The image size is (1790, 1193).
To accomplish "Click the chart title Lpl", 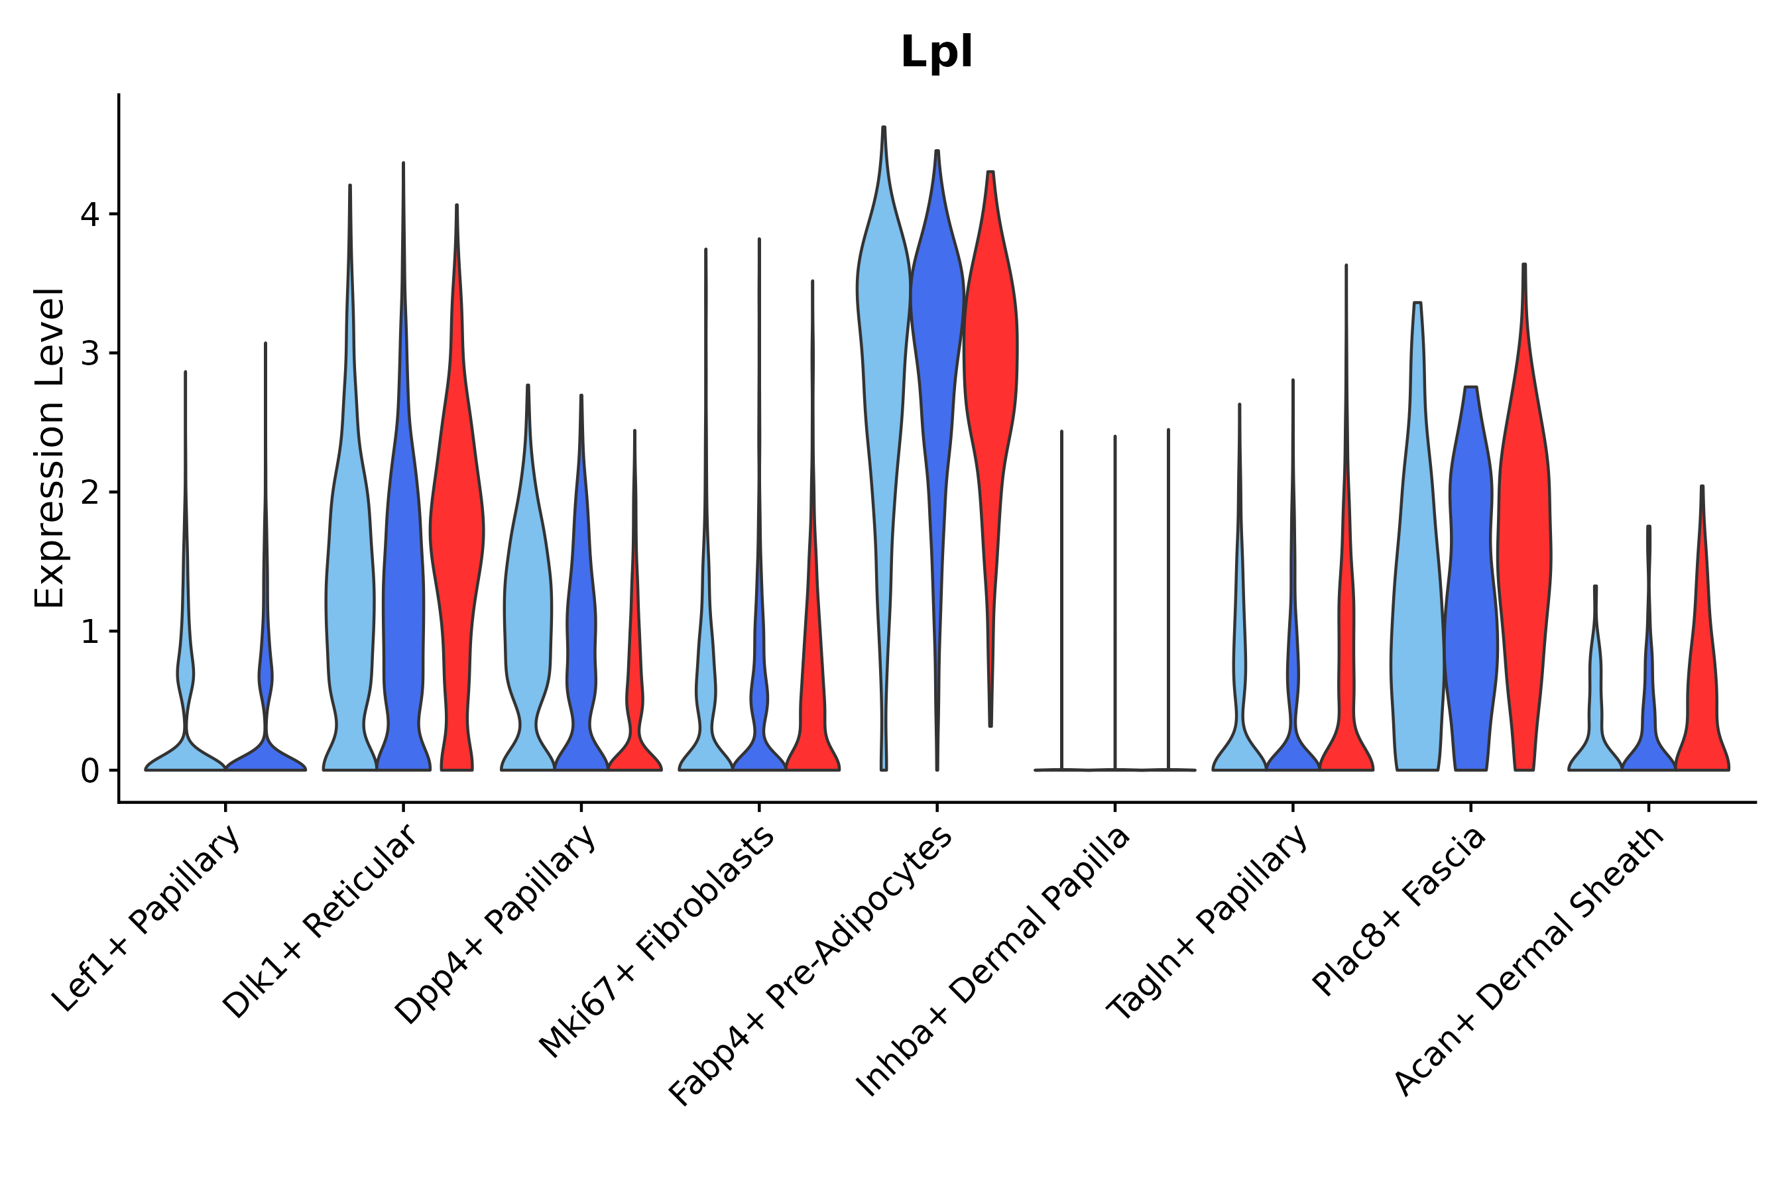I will (936, 52).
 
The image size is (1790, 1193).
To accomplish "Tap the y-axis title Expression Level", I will (50, 448).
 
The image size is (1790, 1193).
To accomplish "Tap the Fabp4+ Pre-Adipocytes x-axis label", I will (811, 966).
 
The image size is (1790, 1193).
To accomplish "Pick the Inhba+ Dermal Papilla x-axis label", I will (994, 962).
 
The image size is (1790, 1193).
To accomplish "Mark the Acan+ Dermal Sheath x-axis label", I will (1529, 962).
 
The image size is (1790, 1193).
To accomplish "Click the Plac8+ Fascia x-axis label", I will (1399, 911).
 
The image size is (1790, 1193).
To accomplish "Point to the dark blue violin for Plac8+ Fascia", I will (1470, 571).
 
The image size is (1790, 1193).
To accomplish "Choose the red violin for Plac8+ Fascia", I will (1523, 533).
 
